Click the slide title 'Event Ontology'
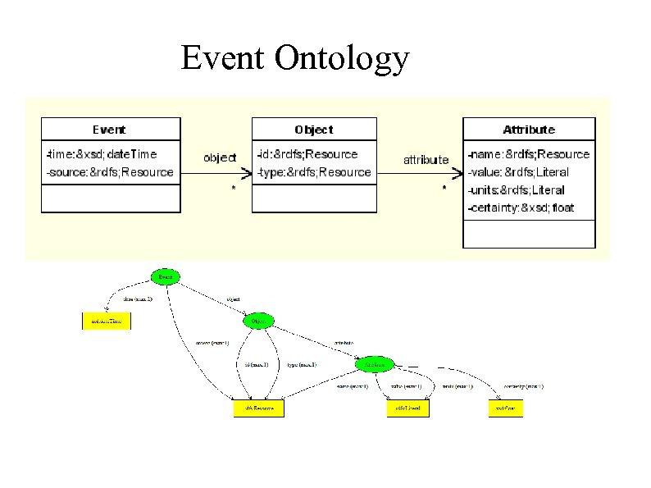coord(294,58)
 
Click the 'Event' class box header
coord(110,130)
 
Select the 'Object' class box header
coord(314,130)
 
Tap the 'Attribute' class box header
coord(529,130)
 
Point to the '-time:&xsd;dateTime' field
coord(102,154)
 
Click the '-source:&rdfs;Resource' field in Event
coord(110,172)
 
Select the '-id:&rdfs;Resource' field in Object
coord(307,154)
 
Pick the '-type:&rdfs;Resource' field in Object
coord(313,172)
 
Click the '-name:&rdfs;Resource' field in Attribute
coord(528,154)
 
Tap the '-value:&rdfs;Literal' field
coord(517,172)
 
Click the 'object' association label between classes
coord(220,157)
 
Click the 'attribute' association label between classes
coord(426,160)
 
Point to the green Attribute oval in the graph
coord(375,363)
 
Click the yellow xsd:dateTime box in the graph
coord(106,322)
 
